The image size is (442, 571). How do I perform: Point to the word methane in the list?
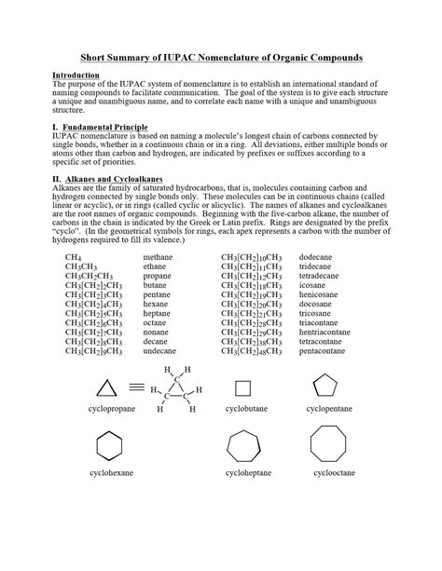(159, 257)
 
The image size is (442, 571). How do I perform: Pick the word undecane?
(160, 351)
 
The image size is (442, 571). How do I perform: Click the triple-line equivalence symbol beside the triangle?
(136, 386)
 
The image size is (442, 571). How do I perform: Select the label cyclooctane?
(334, 473)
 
